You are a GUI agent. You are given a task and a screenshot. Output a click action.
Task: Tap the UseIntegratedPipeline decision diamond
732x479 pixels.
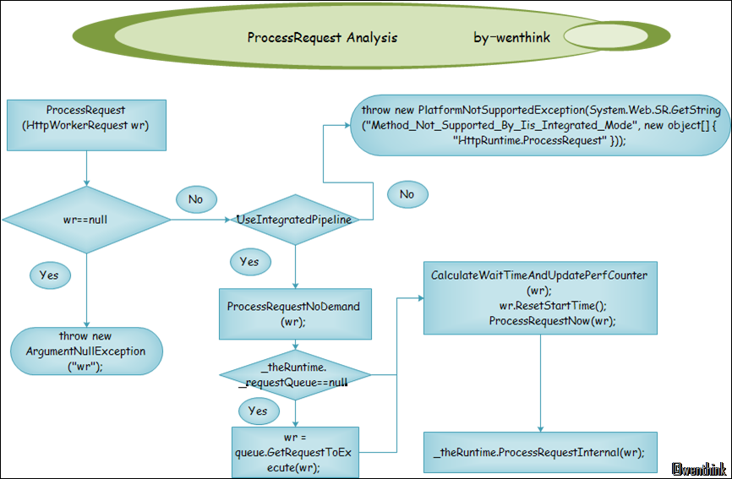tap(293, 220)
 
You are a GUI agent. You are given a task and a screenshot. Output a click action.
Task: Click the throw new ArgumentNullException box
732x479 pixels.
tap(85, 351)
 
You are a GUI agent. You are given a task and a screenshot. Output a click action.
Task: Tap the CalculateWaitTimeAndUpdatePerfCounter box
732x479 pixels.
tap(539, 298)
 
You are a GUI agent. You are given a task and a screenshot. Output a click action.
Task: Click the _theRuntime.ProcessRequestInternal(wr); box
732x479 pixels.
tap(539, 453)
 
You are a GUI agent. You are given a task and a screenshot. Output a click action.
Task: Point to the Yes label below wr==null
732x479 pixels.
tap(49, 275)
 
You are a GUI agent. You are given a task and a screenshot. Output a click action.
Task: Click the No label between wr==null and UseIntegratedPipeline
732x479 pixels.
tap(195, 199)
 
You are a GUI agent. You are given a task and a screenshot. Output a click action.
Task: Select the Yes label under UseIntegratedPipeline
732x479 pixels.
tap(249, 262)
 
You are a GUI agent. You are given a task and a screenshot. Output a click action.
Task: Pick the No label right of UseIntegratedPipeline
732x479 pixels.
tap(407, 194)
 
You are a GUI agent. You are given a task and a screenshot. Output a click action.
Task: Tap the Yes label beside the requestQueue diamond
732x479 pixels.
tap(258, 411)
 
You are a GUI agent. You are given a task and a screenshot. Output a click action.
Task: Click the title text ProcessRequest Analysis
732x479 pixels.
tap(322, 38)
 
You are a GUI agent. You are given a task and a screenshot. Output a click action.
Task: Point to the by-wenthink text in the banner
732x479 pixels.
tap(511, 38)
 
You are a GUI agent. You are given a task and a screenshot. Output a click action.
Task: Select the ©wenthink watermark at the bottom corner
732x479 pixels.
tap(700, 467)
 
